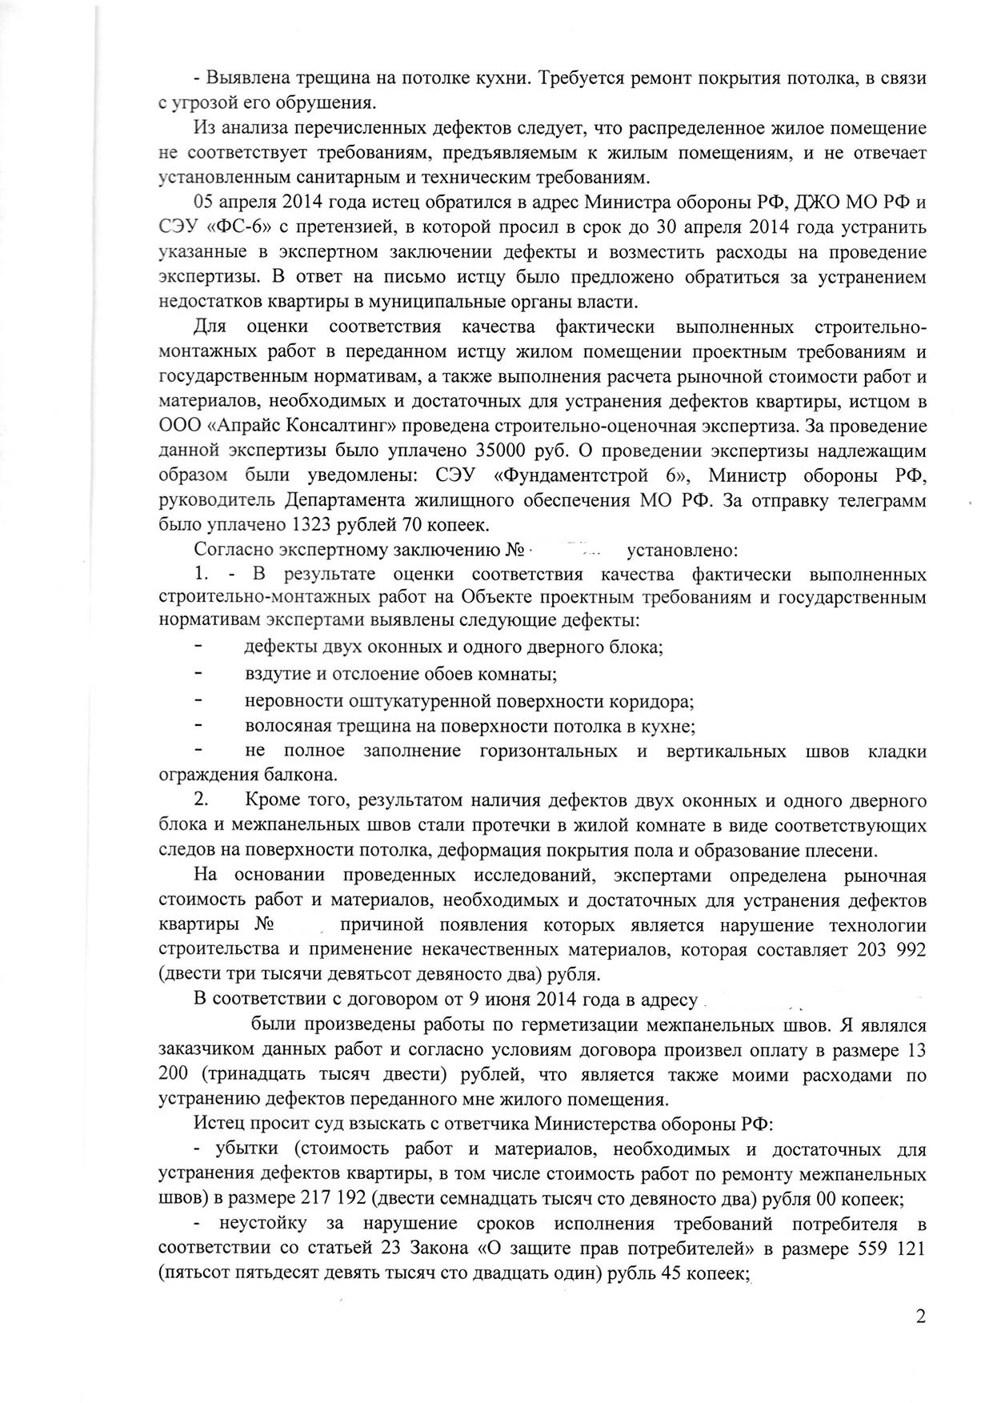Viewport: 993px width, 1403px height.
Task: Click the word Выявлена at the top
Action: pyautogui.click(x=249, y=78)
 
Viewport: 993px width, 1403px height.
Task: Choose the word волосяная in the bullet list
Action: pyautogui.click(x=286, y=726)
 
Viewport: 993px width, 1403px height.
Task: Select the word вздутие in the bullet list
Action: pyautogui.click(x=274, y=674)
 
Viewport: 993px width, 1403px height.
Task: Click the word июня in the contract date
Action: pyautogui.click(x=427, y=1000)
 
